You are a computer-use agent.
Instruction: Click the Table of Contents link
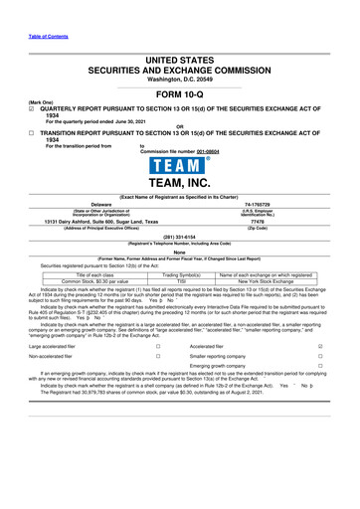point(28,8)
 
